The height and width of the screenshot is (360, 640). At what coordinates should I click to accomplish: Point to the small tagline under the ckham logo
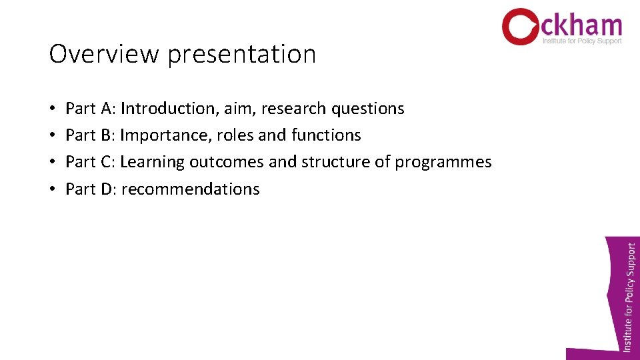click(582, 41)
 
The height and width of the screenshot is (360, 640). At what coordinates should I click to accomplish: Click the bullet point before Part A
click(52, 109)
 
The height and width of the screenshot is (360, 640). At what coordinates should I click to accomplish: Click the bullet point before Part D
click(52, 189)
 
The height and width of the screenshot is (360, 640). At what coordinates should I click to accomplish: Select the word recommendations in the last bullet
click(190, 189)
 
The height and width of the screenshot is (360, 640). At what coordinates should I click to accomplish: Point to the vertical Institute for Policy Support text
click(629, 296)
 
